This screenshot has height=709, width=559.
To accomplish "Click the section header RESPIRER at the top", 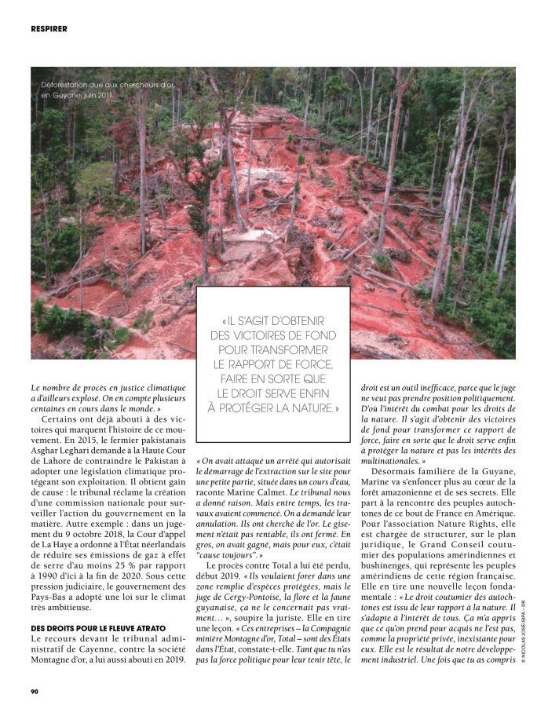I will point(49,29).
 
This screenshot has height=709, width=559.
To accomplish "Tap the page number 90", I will point(35,691).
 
